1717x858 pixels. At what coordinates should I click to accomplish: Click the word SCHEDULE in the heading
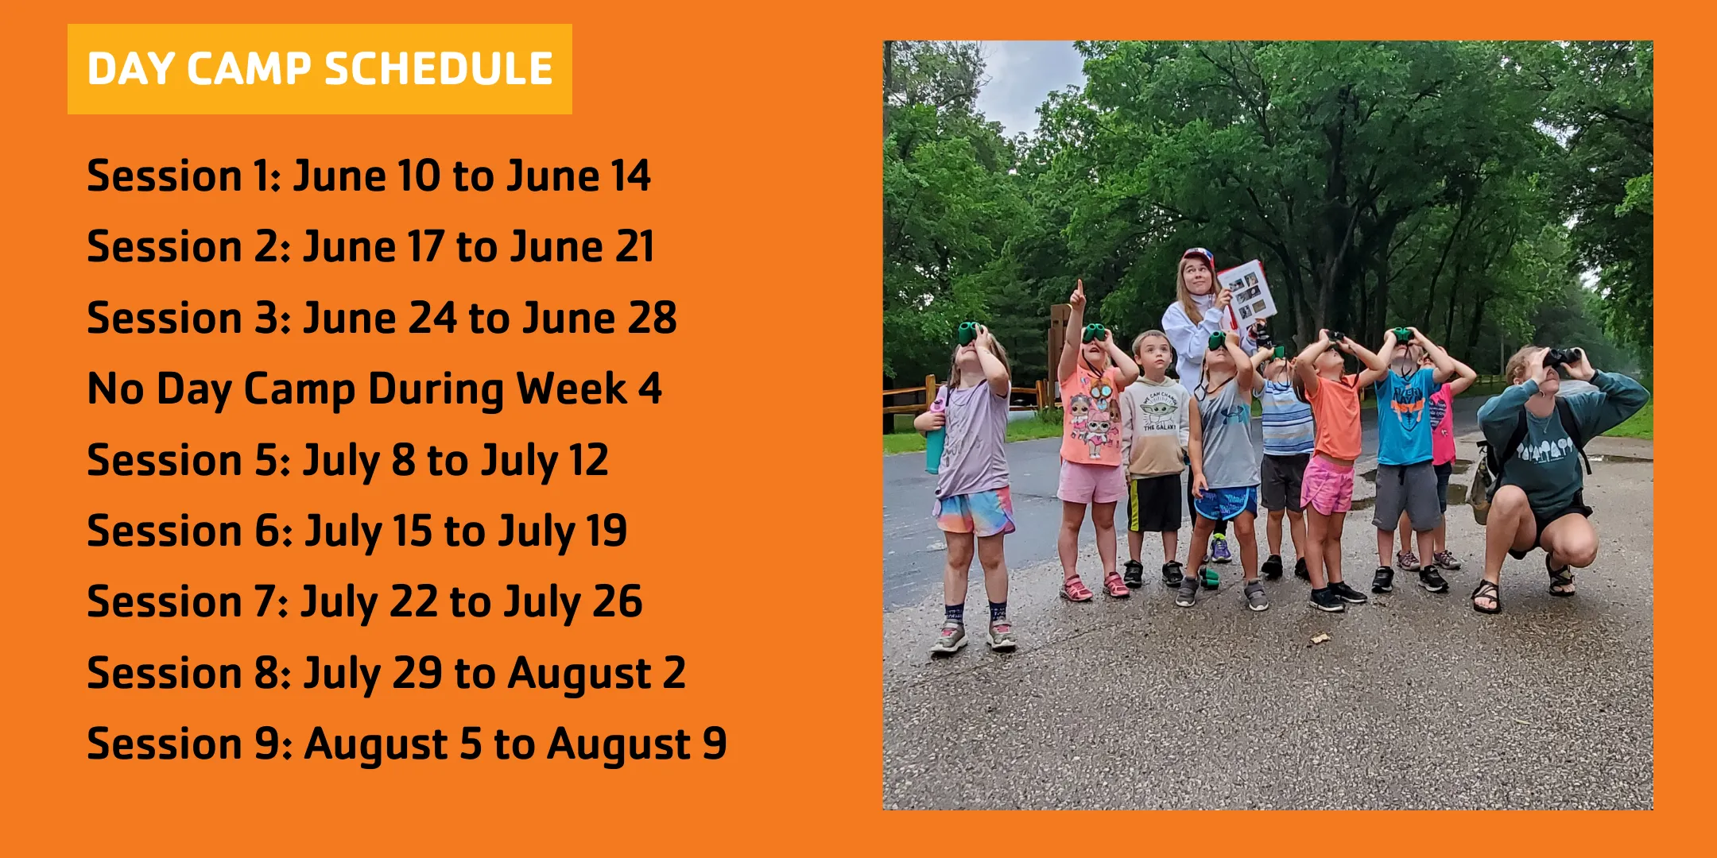point(439,69)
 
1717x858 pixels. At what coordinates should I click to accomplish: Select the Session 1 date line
point(368,176)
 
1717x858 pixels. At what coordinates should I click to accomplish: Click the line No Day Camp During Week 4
point(374,389)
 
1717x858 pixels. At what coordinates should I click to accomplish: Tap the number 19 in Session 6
point(606,531)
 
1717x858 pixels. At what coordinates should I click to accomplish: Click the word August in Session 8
point(580,674)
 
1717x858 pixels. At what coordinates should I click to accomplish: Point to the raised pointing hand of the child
point(1078,296)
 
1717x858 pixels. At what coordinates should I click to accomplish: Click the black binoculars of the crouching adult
point(1563,357)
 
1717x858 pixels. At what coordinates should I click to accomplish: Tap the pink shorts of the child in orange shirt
point(1327,486)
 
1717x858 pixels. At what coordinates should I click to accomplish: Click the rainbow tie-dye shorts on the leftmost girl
point(974,513)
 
